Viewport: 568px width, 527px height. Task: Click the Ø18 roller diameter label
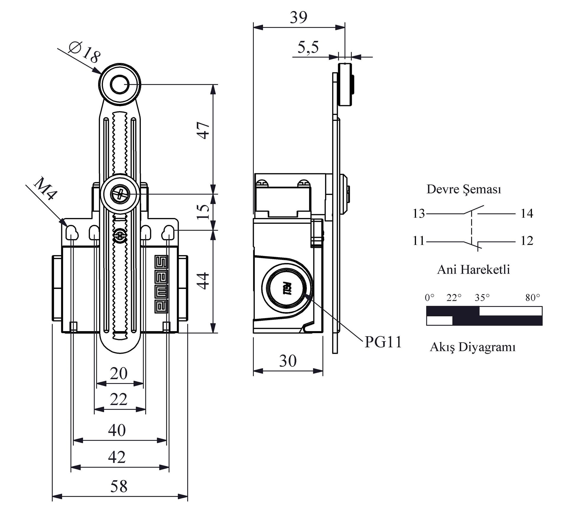point(85,52)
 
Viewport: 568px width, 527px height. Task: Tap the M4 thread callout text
point(45,189)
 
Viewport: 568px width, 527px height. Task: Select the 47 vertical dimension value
point(204,130)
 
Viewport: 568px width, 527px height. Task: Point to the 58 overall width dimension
point(119,486)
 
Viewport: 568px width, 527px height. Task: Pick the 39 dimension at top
point(298,17)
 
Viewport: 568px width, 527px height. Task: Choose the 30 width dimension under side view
point(288,361)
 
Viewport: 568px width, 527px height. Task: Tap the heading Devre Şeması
point(464,189)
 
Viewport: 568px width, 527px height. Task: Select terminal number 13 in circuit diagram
point(419,214)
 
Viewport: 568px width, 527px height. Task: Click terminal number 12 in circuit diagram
point(527,241)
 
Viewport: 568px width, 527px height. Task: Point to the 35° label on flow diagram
point(482,297)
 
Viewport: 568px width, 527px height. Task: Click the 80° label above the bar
point(532,297)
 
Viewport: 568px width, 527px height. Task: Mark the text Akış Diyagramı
point(472,347)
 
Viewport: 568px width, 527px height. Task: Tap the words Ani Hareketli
point(473,270)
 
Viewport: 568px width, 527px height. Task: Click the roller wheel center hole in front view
point(120,85)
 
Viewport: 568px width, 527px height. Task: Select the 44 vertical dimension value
point(204,281)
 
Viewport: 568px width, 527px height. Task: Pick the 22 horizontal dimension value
point(119,399)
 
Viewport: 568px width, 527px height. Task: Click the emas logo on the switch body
point(162,284)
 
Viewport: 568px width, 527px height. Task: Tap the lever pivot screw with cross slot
point(120,194)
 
